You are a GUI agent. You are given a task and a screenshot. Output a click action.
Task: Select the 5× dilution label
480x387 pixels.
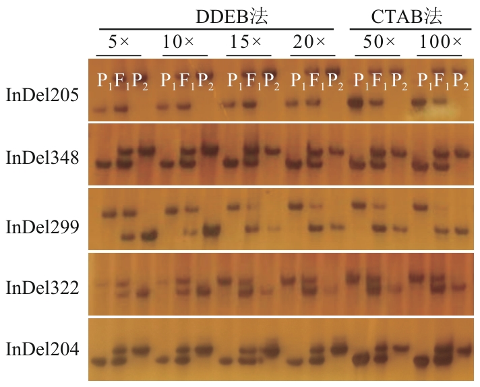[119, 42]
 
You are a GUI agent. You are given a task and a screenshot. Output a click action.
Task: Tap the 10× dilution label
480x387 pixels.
[179, 42]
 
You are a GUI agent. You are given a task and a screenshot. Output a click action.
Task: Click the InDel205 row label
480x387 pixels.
[43, 95]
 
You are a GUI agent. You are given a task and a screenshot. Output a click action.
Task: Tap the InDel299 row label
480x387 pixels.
[43, 227]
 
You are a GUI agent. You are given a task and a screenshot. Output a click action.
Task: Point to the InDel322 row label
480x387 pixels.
[43, 288]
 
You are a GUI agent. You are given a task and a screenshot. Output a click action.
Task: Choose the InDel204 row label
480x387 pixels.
[43, 349]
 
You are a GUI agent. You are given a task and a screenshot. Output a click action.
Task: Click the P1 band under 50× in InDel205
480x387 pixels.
[356, 102]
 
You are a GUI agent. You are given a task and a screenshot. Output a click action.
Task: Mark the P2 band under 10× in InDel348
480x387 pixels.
[209, 149]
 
